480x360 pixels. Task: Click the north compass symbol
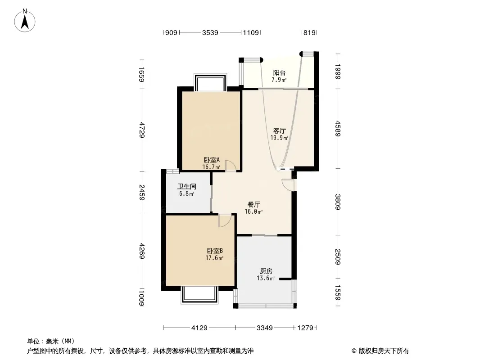click(x=25, y=20)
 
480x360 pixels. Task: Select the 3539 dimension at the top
click(x=210, y=32)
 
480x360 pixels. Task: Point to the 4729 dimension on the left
click(x=142, y=130)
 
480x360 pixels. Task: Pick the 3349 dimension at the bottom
click(x=265, y=328)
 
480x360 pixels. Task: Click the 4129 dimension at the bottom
click(x=199, y=328)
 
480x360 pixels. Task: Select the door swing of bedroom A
click(x=231, y=166)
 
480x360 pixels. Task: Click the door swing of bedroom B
click(x=224, y=220)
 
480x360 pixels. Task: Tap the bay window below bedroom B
click(x=199, y=295)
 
